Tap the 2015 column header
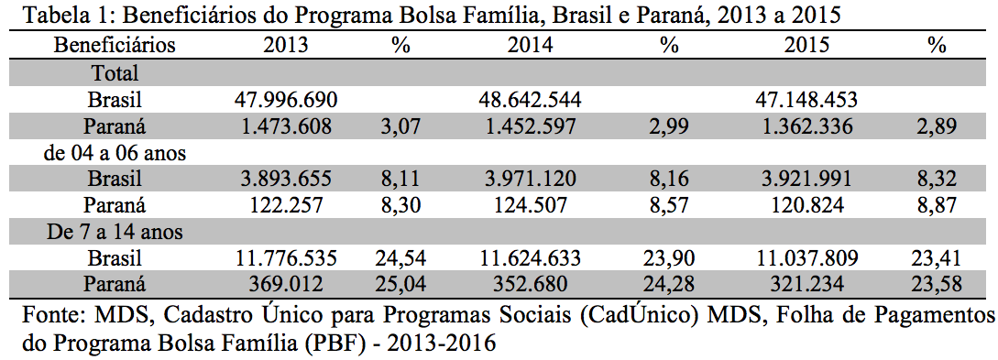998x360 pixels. coord(806,46)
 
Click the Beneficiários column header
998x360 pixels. coord(115,46)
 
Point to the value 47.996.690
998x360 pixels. coord(285,100)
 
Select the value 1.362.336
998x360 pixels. coord(806,125)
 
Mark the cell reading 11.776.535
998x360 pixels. coord(285,258)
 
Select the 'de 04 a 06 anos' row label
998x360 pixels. coord(115,153)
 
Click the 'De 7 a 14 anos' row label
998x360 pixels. coord(115,232)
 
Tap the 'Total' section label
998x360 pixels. coord(115,73)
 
